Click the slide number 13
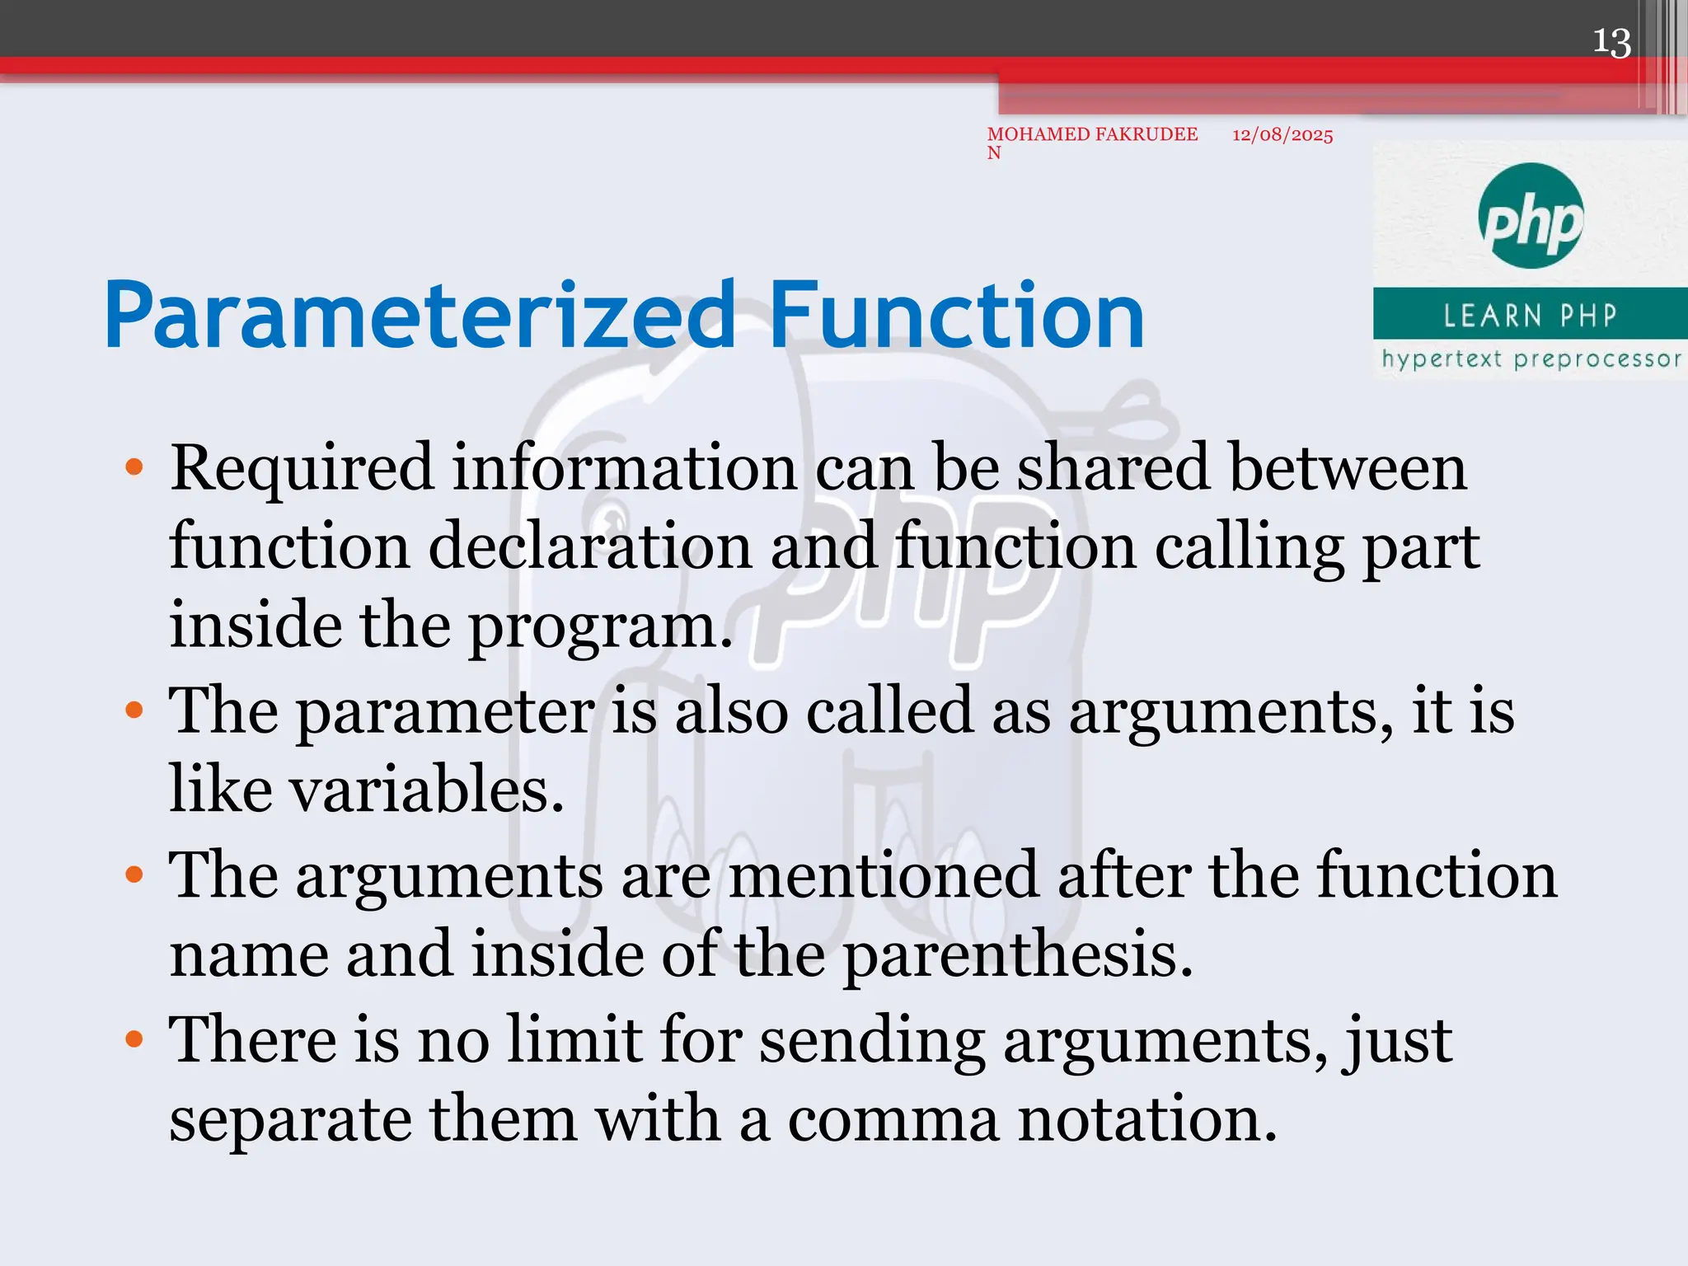[1611, 43]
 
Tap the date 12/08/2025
[1282, 135]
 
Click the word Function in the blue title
[956, 316]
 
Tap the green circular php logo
[1531, 216]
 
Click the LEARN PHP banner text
[1530, 315]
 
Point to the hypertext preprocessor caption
[1531, 359]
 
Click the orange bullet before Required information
[134, 468]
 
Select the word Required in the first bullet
[301, 468]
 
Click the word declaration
[589, 547]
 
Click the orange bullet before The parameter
[134, 710]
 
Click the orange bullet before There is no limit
[134, 1039]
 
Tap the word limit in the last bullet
[574, 1039]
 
